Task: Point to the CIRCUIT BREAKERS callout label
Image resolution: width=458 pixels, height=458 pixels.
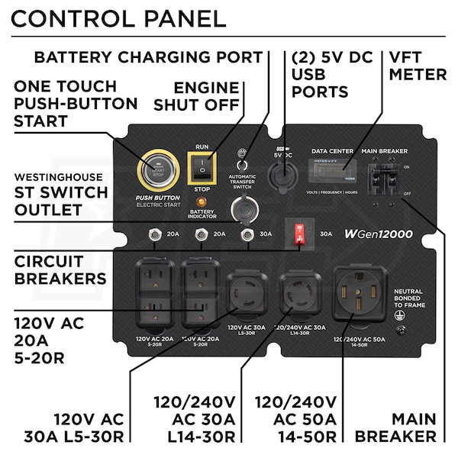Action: click(x=60, y=269)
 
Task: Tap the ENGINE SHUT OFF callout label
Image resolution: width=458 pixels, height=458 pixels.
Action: click(x=207, y=96)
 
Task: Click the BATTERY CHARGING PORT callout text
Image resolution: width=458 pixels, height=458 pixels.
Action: click(x=148, y=56)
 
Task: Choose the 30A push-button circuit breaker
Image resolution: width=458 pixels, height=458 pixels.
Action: click(x=246, y=235)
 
